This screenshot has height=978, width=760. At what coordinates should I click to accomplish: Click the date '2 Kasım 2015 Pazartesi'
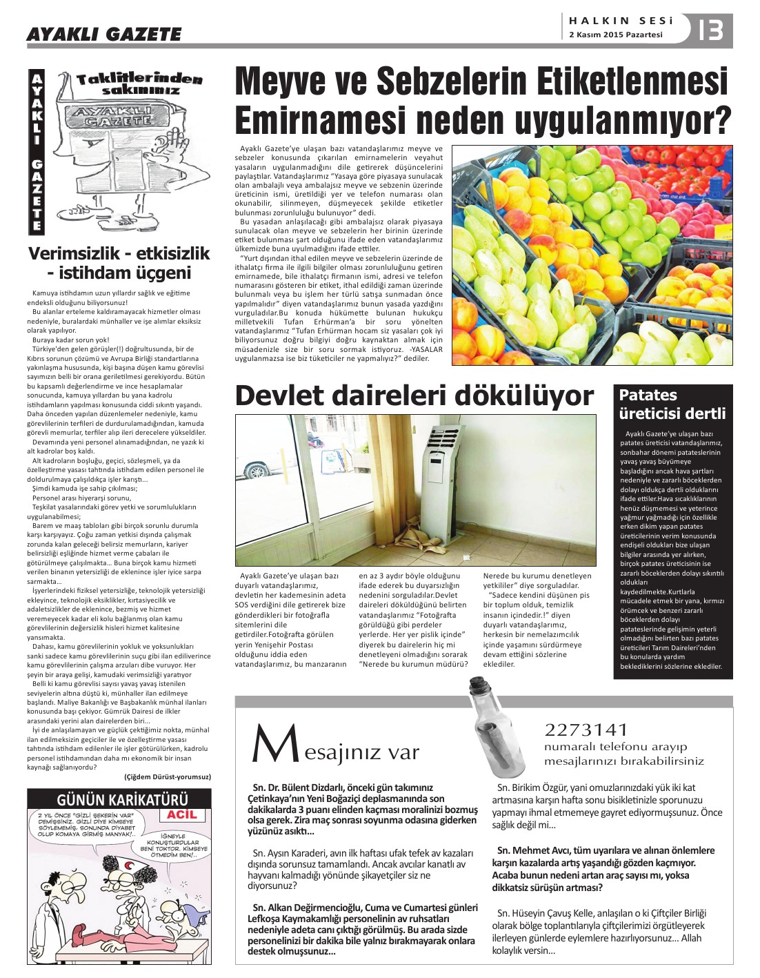(x=615, y=35)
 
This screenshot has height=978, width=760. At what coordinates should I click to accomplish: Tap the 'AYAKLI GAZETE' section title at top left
(x=103, y=34)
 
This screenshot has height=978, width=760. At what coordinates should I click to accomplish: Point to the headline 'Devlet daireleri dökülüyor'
(x=414, y=396)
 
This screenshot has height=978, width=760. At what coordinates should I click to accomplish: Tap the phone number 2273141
(x=586, y=730)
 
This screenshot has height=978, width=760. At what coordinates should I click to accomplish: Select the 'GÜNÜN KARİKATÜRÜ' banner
(x=119, y=799)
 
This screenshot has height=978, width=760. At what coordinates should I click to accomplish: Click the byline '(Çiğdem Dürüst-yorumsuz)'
(x=167, y=777)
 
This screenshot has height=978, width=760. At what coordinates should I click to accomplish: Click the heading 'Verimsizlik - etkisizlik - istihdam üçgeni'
(x=119, y=263)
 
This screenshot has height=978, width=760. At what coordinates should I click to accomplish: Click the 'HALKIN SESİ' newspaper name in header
(x=621, y=21)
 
